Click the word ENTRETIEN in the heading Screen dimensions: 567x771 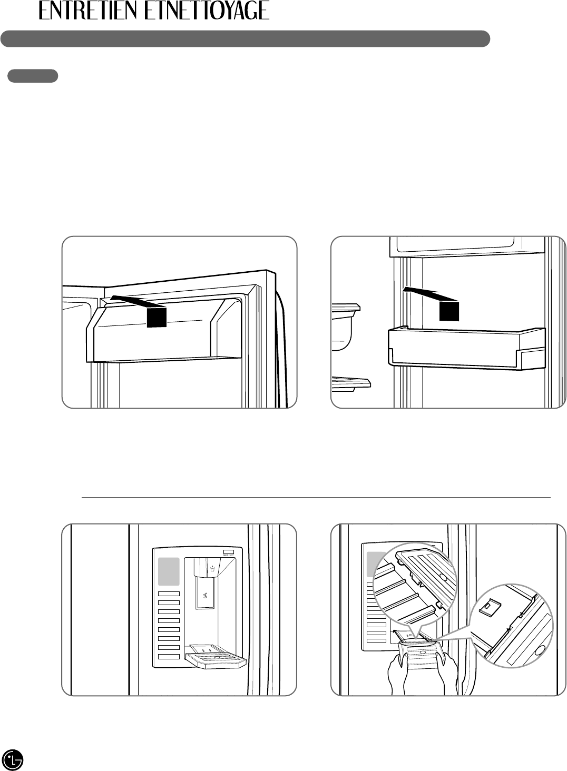tap(90, 11)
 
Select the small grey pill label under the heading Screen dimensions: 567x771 tap(32, 76)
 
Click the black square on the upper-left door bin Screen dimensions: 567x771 tap(157, 317)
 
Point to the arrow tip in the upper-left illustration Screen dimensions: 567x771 tap(112, 299)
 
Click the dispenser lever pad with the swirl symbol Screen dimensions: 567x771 tap(204, 597)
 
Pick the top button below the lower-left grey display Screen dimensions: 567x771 tap(169, 594)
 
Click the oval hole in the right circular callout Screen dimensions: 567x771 tap(538, 651)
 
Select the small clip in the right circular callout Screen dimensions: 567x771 tap(488, 605)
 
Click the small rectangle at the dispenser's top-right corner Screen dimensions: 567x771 tap(228, 551)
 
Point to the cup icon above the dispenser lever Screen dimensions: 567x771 tap(211, 569)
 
